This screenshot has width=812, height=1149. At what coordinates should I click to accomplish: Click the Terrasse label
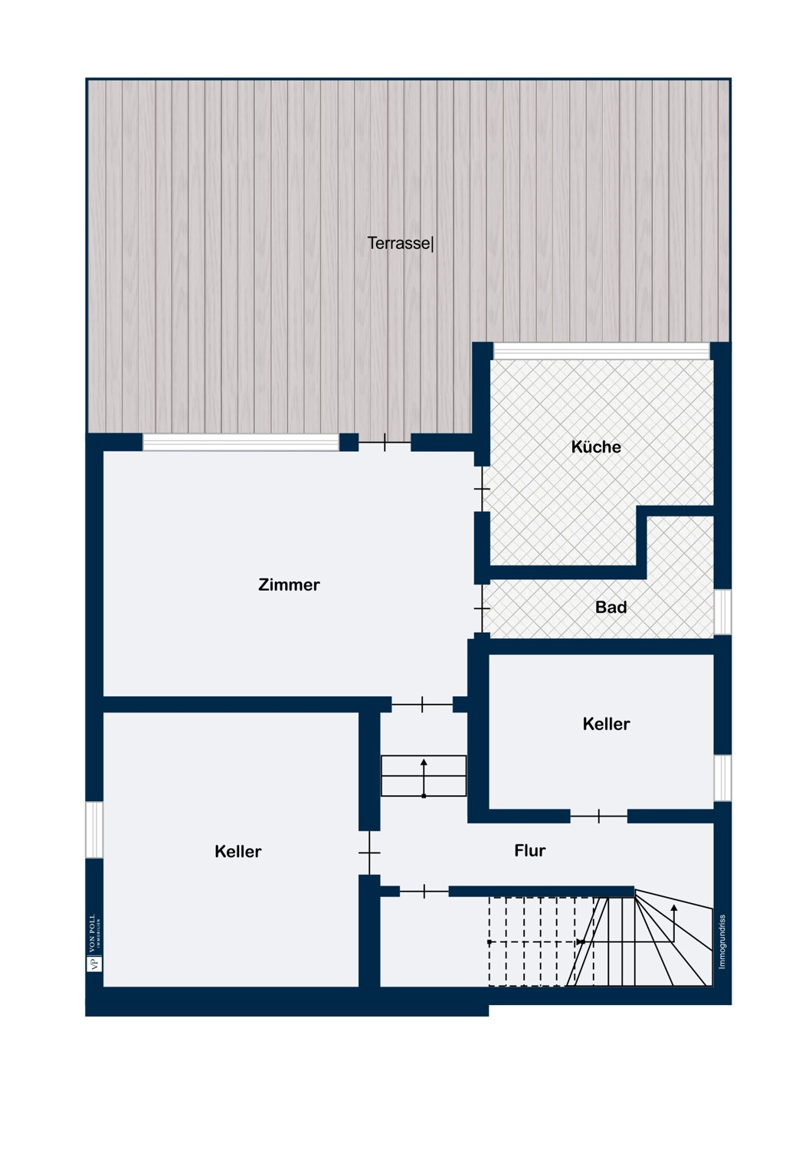[400, 243]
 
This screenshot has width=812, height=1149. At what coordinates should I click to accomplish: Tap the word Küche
[595, 447]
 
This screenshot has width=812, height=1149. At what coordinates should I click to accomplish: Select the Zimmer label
[289, 584]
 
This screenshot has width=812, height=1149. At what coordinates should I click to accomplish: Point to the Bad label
[611, 607]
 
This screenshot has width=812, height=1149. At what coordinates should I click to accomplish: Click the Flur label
[530, 850]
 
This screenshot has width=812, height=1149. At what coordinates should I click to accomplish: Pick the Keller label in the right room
[606, 724]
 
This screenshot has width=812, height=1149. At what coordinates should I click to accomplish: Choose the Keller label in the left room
[238, 852]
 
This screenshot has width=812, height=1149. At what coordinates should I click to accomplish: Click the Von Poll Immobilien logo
[94, 943]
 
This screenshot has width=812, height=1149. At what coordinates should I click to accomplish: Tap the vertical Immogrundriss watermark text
[722, 941]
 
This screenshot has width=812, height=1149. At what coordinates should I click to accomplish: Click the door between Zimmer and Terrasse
[385, 442]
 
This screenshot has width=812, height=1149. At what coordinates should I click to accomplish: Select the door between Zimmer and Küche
[482, 489]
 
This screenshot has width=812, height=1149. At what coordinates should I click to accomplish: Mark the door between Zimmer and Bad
[482, 608]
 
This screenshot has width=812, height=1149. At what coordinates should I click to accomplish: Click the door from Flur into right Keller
[598, 816]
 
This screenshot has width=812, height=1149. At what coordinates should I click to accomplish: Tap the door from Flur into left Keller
[369, 853]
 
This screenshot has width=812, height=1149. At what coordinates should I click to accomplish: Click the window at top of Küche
[601, 351]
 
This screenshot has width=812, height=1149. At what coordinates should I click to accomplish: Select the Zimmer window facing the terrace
[241, 442]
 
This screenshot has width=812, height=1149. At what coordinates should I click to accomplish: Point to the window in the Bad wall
[722, 611]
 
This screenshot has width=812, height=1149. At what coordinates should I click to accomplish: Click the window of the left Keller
[94, 830]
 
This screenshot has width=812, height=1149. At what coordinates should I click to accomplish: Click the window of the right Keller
[722, 777]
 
